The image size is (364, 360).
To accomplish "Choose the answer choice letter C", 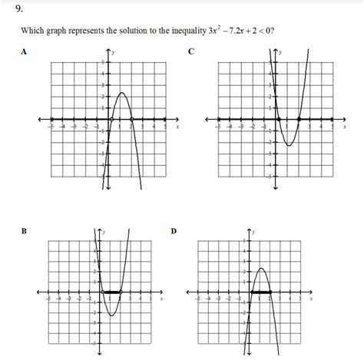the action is click(190, 52).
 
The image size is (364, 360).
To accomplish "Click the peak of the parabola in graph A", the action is click(121, 93).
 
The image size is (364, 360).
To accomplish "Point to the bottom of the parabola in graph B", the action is click(111, 315).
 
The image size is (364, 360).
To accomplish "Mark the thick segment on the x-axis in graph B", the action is click(111, 292).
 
